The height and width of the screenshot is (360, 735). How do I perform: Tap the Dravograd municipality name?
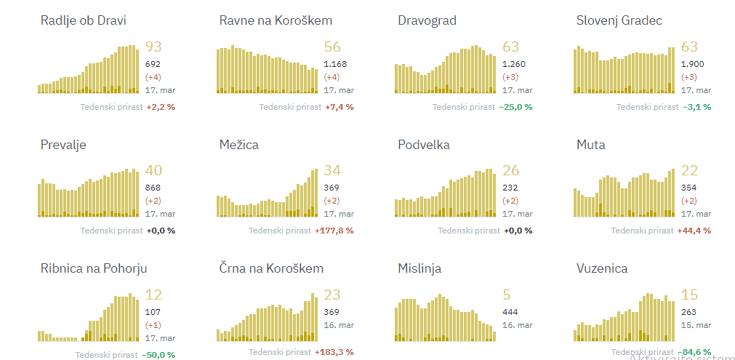click(x=427, y=20)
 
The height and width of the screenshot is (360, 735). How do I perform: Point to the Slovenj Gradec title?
click(x=619, y=20)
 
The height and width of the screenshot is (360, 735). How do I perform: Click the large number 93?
click(x=153, y=47)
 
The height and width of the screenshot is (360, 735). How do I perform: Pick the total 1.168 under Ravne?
click(x=335, y=64)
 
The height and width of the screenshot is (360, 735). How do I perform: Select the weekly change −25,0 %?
click(x=515, y=107)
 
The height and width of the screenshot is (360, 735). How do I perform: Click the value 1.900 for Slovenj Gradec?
click(x=692, y=64)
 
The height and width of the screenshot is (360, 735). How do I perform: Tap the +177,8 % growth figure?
click(x=334, y=231)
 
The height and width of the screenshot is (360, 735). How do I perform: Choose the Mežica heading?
click(x=239, y=145)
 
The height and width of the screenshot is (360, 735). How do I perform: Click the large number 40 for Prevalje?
click(x=153, y=171)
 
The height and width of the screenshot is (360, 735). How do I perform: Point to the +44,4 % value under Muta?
click(x=694, y=231)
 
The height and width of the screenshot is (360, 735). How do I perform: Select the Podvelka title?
click(x=424, y=145)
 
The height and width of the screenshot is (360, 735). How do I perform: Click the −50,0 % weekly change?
click(x=161, y=355)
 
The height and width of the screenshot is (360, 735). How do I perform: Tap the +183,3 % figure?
click(x=334, y=352)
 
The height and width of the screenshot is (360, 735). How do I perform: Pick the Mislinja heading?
click(x=419, y=268)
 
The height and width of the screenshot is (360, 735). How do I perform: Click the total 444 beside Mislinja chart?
click(x=511, y=312)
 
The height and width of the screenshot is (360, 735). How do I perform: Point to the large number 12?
click(x=153, y=295)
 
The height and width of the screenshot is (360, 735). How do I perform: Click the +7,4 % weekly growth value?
click(x=340, y=107)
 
